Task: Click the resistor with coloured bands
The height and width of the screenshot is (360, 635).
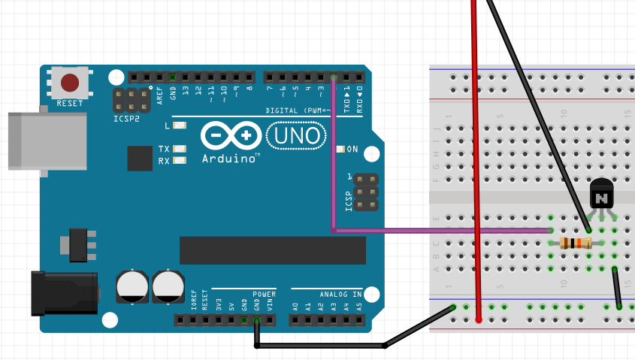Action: pyautogui.click(x=575, y=243)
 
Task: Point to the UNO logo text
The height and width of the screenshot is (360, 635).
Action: pyautogui.click(x=297, y=136)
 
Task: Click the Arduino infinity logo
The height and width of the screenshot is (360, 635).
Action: pyautogui.click(x=230, y=137)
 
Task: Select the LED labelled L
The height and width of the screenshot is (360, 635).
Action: pyautogui.click(x=180, y=126)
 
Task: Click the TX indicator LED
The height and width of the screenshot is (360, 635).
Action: pyautogui.click(x=180, y=149)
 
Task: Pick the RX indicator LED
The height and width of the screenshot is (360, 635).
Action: pyautogui.click(x=180, y=161)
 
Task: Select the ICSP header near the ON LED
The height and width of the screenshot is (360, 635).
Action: pyautogui.click(x=365, y=192)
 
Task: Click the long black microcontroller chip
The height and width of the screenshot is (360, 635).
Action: pyautogui.click(x=273, y=250)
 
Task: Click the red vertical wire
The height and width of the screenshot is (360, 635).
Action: pyautogui.click(x=476, y=165)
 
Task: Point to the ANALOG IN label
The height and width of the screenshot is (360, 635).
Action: pyautogui.click(x=340, y=294)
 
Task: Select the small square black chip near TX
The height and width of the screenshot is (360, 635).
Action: pyautogui.click(x=140, y=159)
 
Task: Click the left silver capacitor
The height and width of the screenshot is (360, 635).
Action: pyautogui.click(x=132, y=286)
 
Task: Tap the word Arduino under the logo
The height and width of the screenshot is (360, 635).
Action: pyautogui.click(x=230, y=159)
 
